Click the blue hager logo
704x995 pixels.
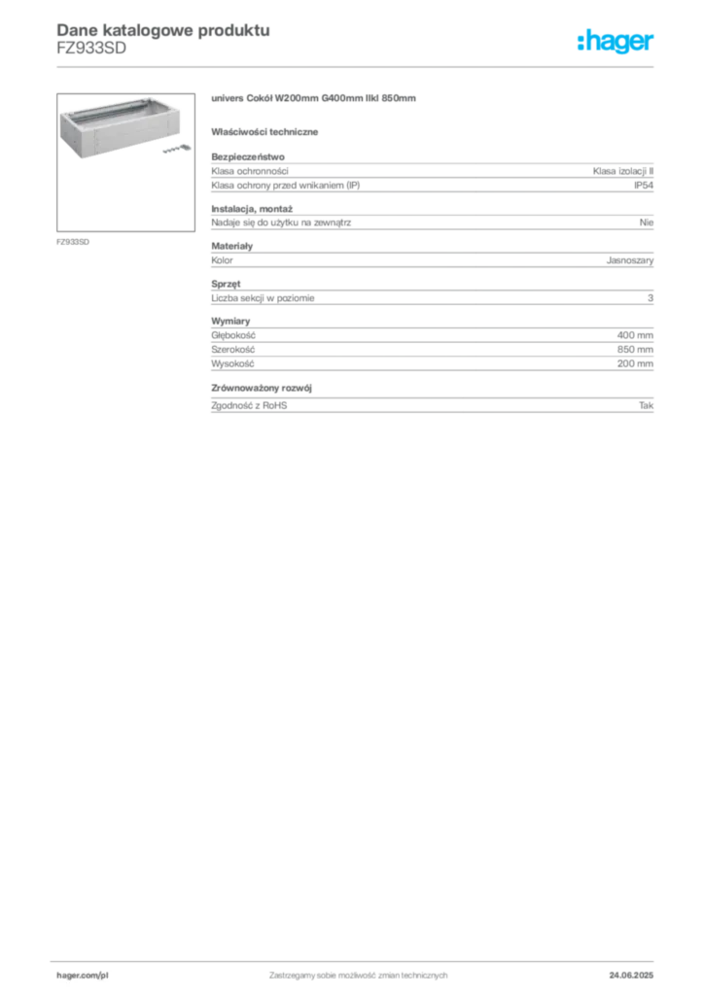(617, 42)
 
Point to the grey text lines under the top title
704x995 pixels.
(90, 53)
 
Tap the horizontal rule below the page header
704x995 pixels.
(357, 65)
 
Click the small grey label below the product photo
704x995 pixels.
(74, 240)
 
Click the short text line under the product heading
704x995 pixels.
(267, 131)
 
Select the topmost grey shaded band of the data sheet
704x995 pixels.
(431, 173)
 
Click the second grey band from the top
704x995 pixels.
(431, 222)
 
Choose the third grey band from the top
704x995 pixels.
(431, 259)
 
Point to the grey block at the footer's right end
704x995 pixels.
(638, 971)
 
